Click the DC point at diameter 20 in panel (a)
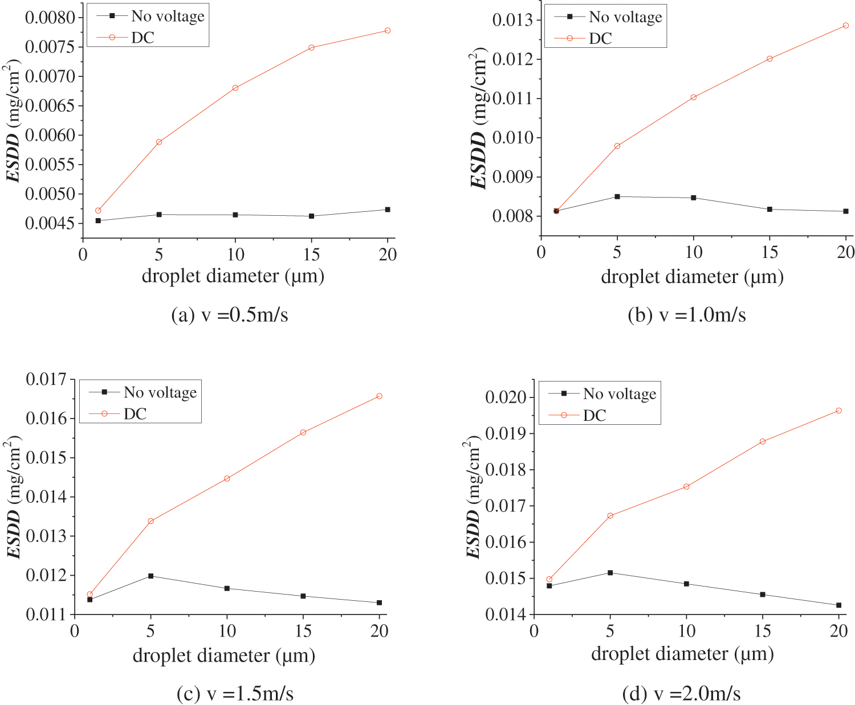[388, 30]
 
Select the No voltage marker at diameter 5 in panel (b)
[617, 196]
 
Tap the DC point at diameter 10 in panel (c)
[227, 478]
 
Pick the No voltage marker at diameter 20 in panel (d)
[838, 605]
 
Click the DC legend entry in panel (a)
[142, 38]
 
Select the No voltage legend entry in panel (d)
[619, 394]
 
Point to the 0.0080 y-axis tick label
[50, 17]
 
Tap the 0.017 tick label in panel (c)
[46, 379]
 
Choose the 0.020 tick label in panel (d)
[506, 397]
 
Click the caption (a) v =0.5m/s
[230, 315]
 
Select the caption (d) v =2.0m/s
[682, 694]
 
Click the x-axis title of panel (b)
[692, 277]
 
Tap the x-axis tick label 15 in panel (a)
[311, 254]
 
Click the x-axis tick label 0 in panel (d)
[534, 631]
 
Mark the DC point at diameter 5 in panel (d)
[610, 516]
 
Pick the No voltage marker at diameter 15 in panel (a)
[311, 216]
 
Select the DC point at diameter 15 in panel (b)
[769, 59]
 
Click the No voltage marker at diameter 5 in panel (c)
[150, 576]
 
